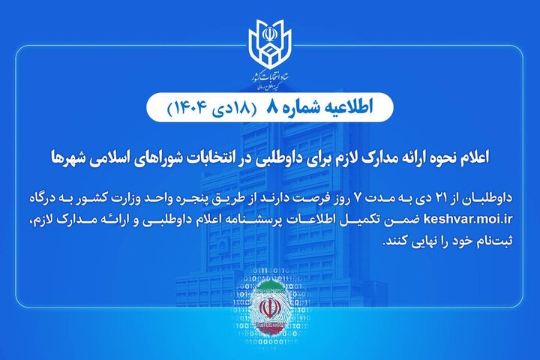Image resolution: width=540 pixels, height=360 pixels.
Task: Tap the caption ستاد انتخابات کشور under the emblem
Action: pyautogui.click(x=270, y=78)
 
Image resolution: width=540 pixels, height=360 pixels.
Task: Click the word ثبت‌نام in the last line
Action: pyautogui.click(x=490, y=242)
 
